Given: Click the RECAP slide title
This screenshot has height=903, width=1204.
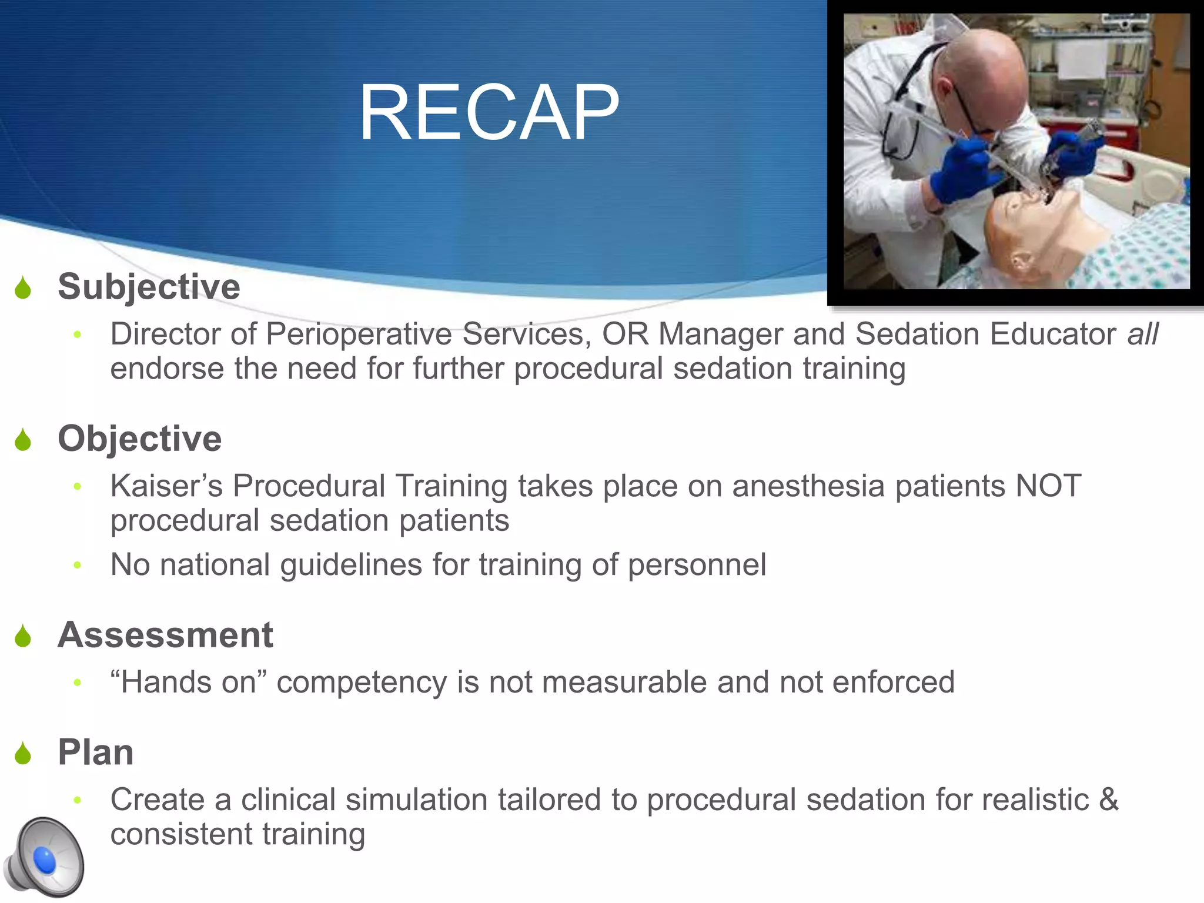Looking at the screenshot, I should (x=489, y=112).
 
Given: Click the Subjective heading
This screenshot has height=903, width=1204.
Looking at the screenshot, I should (x=149, y=287).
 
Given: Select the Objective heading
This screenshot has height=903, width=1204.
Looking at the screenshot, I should (x=139, y=439).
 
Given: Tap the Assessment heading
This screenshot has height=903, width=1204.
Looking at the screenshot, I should (x=165, y=635).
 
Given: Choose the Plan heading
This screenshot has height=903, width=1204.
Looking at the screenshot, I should (x=96, y=752).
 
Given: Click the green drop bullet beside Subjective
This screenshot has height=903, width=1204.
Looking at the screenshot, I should (x=23, y=287).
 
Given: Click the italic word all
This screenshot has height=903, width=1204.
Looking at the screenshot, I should (x=1142, y=334).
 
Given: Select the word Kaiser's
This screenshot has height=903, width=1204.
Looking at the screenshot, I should (x=166, y=486).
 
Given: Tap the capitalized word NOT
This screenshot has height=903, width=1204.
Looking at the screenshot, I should (x=1048, y=486).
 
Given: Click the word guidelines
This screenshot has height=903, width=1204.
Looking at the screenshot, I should (x=351, y=565).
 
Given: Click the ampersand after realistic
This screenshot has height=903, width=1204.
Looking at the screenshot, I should (x=1108, y=800).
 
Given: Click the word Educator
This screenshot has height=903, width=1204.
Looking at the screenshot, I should (x=1053, y=334).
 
